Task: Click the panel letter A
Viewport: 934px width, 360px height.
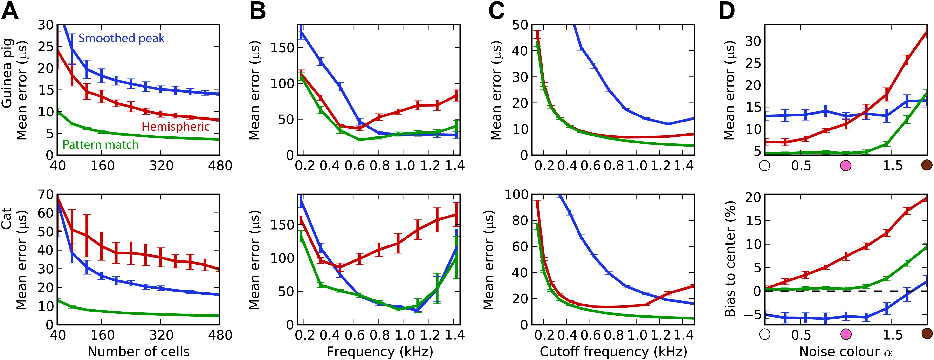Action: (10, 11)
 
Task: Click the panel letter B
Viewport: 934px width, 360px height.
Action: (258, 11)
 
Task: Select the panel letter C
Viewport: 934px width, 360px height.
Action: (496, 11)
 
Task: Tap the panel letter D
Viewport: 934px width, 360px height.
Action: (727, 11)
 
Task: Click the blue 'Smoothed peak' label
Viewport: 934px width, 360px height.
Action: (122, 38)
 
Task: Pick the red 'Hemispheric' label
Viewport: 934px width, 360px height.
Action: (176, 127)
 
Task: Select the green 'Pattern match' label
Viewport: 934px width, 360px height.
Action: (100, 145)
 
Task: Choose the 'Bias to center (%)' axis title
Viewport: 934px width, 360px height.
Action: (730, 259)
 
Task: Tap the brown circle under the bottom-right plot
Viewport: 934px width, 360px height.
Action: (927, 333)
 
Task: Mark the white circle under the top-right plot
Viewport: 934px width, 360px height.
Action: (765, 166)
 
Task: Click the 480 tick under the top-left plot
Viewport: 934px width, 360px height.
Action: (220, 166)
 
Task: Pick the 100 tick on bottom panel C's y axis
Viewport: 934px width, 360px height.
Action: (517, 195)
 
